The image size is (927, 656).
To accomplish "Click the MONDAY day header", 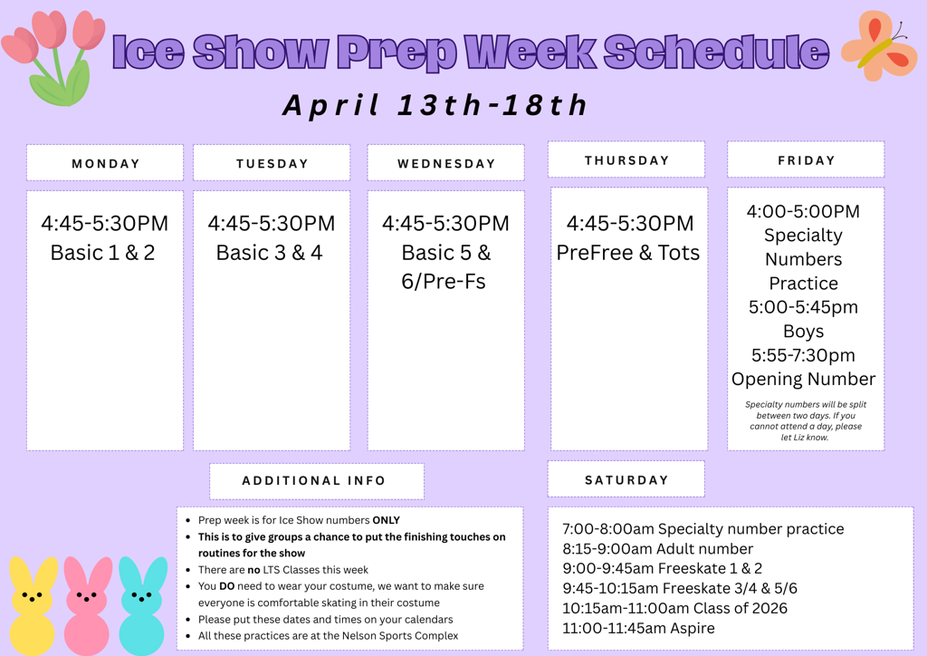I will click(105, 164).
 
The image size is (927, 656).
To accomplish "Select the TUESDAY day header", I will click(272, 164).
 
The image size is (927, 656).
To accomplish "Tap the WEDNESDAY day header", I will click(445, 164).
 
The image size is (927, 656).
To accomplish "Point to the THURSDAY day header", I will click(626, 160).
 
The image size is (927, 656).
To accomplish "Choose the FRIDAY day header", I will click(806, 160).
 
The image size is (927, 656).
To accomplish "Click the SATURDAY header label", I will click(626, 480).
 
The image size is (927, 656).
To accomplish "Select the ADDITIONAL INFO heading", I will click(314, 481).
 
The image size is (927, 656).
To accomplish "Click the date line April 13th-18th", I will click(435, 105).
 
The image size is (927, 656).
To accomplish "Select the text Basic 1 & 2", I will click(103, 253).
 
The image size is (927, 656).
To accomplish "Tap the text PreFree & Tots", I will click(628, 253).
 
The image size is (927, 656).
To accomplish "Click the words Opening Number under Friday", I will click(804, 379).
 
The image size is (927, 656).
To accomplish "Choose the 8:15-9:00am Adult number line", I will click(657, 548).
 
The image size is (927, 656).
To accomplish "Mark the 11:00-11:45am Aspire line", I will click(638, 628).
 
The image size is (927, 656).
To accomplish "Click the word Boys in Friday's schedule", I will click(804, 331).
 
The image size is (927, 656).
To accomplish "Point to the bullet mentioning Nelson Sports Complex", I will click(328, 635).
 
